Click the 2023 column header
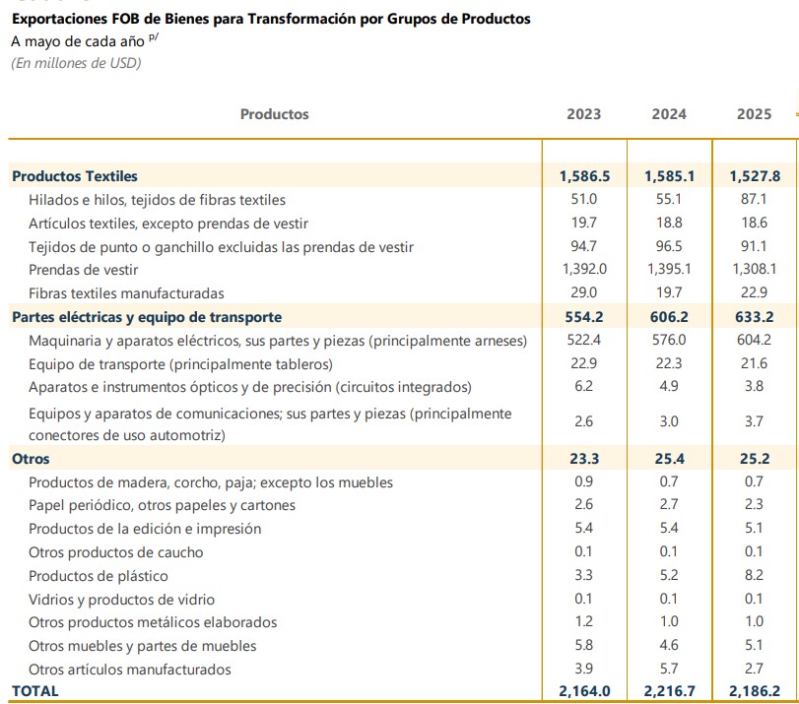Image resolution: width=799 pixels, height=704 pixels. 584,114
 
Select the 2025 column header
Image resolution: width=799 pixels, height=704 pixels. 754,114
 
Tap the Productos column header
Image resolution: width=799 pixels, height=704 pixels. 275,114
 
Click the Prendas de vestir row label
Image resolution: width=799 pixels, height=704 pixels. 84,270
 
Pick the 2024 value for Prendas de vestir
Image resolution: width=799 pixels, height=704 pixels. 669,269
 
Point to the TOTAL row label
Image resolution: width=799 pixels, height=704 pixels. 35,691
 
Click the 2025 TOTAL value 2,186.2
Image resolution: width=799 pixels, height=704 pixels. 754,691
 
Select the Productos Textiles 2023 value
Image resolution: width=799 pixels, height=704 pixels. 584,176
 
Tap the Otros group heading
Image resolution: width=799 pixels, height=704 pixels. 31,459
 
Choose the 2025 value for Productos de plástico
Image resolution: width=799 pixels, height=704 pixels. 754,575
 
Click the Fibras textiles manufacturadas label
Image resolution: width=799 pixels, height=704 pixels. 126,293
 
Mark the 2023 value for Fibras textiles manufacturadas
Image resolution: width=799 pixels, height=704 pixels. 584,292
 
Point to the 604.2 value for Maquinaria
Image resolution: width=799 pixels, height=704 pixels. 754,340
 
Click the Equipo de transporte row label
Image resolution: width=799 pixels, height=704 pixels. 180,364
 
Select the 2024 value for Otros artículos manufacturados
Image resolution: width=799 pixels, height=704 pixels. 669,669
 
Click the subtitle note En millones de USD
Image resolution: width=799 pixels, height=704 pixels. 76,63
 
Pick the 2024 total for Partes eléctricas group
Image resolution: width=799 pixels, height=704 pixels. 669,317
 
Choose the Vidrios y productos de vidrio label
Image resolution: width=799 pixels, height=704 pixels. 121,600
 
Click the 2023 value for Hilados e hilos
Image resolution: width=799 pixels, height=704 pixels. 584,199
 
